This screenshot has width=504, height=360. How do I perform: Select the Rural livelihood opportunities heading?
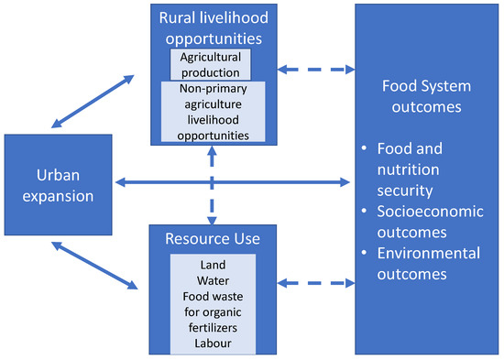(x=214, y=28)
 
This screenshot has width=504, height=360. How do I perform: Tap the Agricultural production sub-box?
(x=210, y=64)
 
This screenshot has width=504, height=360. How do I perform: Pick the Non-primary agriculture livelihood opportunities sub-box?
(x=213, y=112)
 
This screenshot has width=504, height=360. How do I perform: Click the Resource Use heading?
(x=213, y=239)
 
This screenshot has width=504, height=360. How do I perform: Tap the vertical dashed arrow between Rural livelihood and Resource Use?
(x=213, y=183)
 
